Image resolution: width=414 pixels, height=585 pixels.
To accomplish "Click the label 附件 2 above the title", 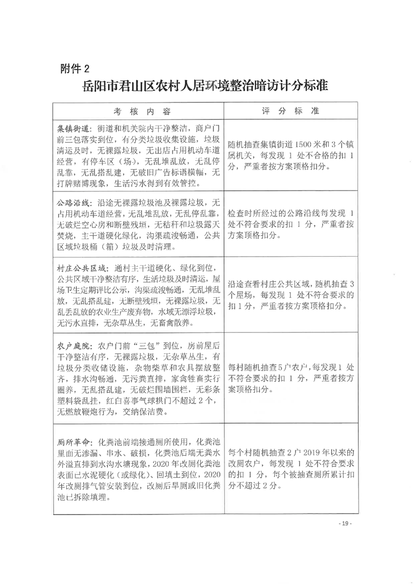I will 76,67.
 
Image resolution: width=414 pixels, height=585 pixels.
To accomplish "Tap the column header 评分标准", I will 290,112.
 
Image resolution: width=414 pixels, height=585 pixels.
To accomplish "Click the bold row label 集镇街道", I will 73,128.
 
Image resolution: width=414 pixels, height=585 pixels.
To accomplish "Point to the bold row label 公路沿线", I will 73,201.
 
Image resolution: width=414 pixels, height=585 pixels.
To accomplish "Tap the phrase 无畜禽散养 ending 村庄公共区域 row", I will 172,323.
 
